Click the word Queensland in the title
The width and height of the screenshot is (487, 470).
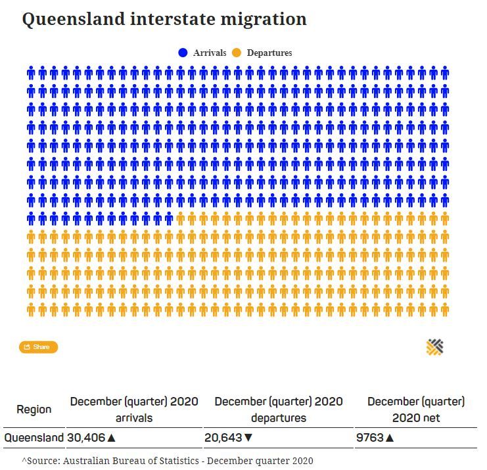(74, 20)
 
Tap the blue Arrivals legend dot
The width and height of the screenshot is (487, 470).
(183, 53)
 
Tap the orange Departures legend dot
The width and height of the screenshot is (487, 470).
(237, 53)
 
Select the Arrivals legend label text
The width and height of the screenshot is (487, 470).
(210, 53)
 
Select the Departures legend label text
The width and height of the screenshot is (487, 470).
(269, 53)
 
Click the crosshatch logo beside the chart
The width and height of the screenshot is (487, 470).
(434, 347)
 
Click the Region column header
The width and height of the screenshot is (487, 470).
(34, 410)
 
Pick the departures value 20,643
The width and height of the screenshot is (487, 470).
(223, 437)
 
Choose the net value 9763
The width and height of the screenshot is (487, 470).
(370, 437)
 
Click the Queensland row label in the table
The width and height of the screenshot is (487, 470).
(34, 437)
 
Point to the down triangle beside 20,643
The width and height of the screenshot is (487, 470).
(248, 438)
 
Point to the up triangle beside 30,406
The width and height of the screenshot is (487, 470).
(111, 438)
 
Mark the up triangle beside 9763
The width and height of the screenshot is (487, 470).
(390, 438)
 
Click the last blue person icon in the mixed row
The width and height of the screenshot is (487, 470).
(169, 219)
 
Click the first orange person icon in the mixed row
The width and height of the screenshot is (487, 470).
(181, 219)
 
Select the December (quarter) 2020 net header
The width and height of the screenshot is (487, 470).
(416, 410)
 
